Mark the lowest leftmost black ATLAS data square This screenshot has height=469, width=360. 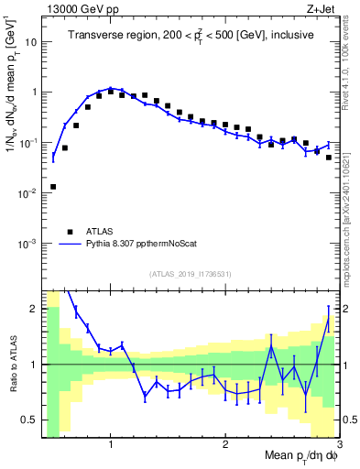pos(53,187)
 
